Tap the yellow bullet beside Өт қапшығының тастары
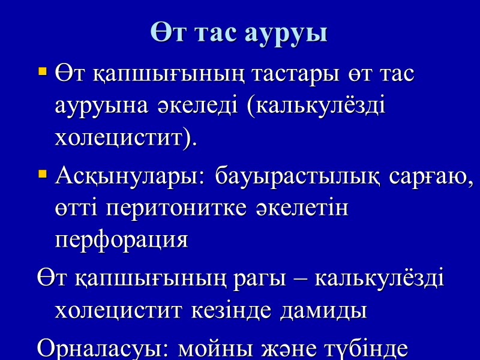coord(42,73)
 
